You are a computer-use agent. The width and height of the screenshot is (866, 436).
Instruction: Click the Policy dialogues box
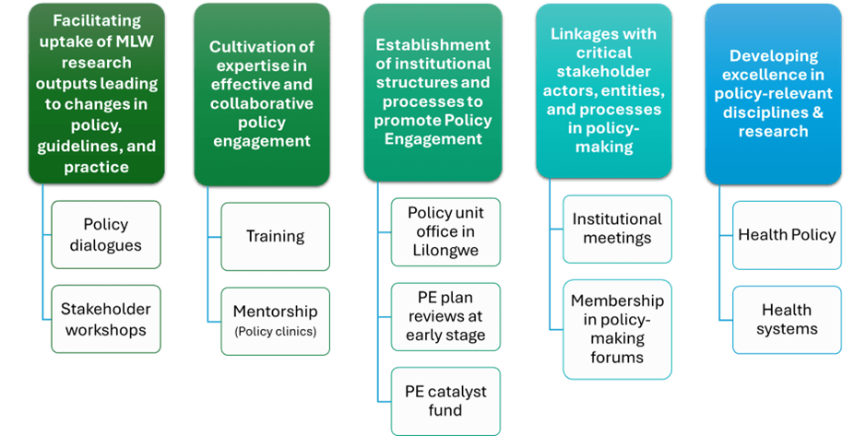pyautogui.click(x=105, y=235)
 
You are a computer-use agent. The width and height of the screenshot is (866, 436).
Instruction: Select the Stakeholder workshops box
pyautogui.click(x=105, y=319)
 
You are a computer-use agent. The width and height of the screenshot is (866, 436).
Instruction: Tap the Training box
pyautogui.click(x=275, y=236)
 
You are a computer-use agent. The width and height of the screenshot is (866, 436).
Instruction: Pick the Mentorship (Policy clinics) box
pyautogui.click(x=275, y=320)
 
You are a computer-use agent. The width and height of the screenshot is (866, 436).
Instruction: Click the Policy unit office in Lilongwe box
pyautogui.click(x=445, y=231)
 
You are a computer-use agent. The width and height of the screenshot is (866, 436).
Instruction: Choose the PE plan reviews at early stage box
pyautogui.click(x=445, y=315)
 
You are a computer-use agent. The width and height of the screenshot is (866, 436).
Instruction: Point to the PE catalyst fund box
pyautogui.click(x=445, y=401)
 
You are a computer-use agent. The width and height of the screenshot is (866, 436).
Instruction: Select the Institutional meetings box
pyautogui.click(x=617, y=229)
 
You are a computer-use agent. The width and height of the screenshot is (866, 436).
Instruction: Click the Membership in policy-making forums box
pyautogui.click(x=617, y=328)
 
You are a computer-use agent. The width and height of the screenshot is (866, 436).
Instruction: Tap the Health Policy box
pyautogui.click(x=787, y=235)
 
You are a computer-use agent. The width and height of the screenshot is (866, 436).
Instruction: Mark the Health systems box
pyautogui.click(x=787, y=319)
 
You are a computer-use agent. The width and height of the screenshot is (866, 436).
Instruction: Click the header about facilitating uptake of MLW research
pyautogui.click(x=97, y=93)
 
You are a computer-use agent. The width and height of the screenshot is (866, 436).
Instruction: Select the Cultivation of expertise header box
pyautogui.click(x=262, y=93)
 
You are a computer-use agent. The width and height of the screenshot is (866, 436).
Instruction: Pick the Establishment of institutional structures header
pyautogui.click(x=433, y=92)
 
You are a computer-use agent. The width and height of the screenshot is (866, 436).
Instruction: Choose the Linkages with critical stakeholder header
pyautogui.click(x=604, y=90)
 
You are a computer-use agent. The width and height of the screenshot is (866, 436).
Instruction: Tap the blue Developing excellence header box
pyautogui.click(x=774, y=93)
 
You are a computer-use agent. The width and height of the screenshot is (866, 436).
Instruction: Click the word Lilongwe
pyautogui.click(x=445, y=250)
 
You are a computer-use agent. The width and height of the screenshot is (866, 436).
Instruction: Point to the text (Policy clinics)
pyautogui.click(x=275, y=332)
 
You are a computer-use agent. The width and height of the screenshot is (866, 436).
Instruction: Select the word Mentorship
pyautogui.click(x=275, y=312)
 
